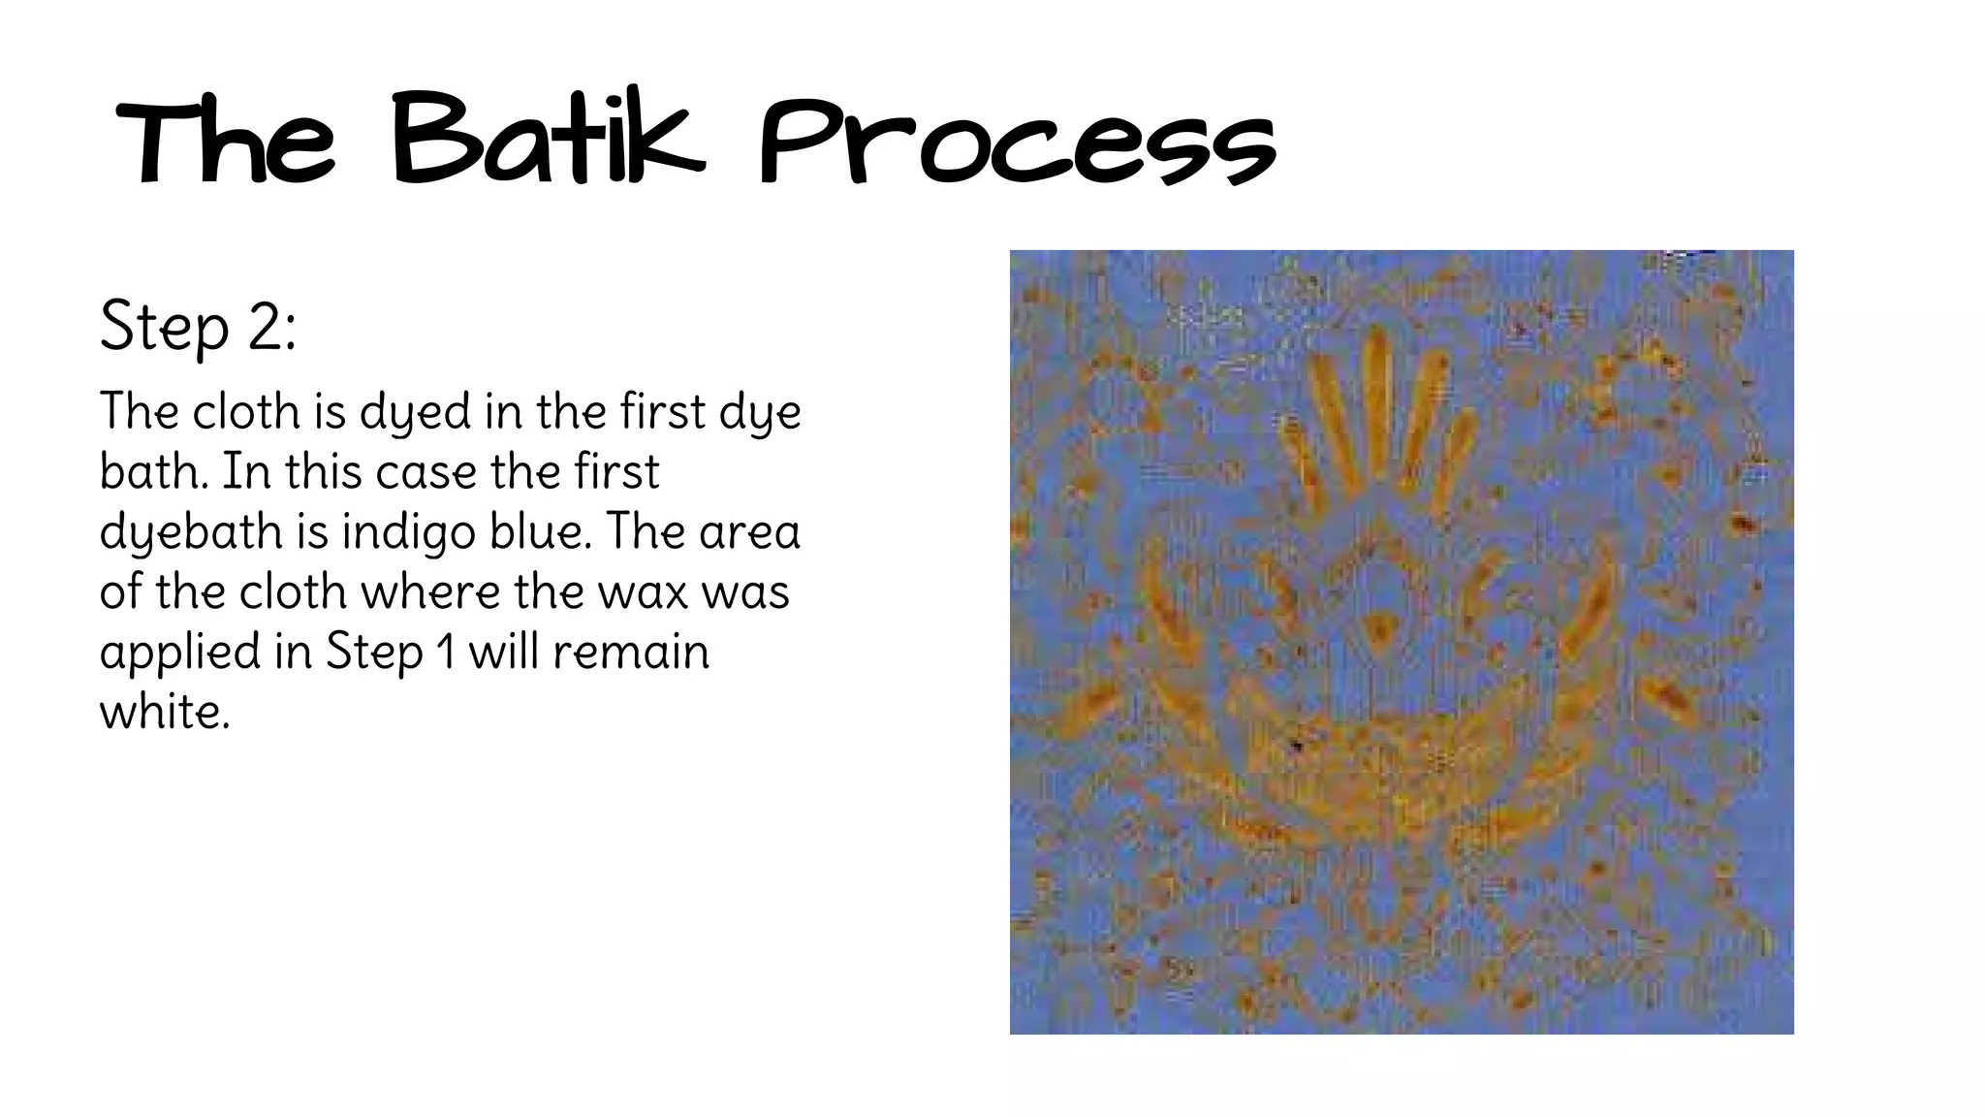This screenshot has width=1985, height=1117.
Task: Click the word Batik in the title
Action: click(x=548, y=141)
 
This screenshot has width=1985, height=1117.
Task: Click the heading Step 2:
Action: click(x=198, y=327)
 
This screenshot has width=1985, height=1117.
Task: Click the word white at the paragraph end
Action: click(x=164, y=713)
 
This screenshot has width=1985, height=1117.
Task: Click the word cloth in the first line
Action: click(x=246, y=411)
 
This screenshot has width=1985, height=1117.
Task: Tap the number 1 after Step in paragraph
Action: click(x=446, y=653)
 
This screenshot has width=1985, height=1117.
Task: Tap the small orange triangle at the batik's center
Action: click(x=1375, y=629)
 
